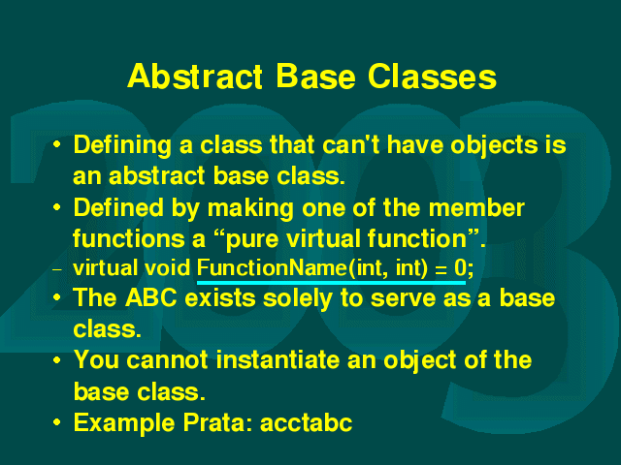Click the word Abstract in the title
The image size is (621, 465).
pyautogui.click(x=195, y=76)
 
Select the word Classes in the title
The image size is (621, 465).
pyautogui.click(x=432, y=76)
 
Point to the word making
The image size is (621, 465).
pyautogui.click(x=250, y=209)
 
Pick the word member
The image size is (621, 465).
pyautogui.click(x=476, y=207)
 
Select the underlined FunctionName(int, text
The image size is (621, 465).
pyautogui.click(x=291, y=268)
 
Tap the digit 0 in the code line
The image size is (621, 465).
pyautogui.click(x=460, y=267)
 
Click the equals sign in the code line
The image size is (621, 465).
pyautogui.click(x=440, y=269)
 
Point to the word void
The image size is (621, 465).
pyautogui.click(x=167, y=267)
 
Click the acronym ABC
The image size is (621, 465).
pyautogui.click(x=151, y=297)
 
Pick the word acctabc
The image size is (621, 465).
pyautogui.click(x=307, y=423)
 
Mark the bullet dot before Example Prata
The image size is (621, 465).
pyautogui.click(x=57, y=422)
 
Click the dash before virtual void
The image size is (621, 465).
pyautogui.click(x=57, y=270)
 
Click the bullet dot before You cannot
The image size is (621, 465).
pyautogui.click(x=57, y=359)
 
